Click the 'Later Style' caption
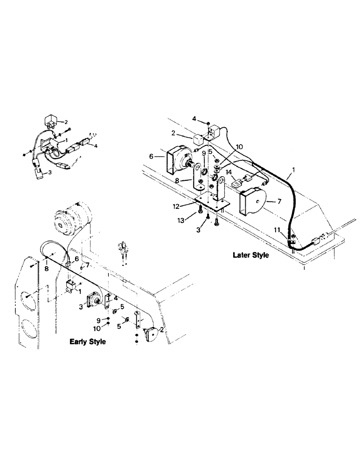pos(251,255)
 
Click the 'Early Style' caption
pos(88,342)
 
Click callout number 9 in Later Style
pos(204,153)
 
